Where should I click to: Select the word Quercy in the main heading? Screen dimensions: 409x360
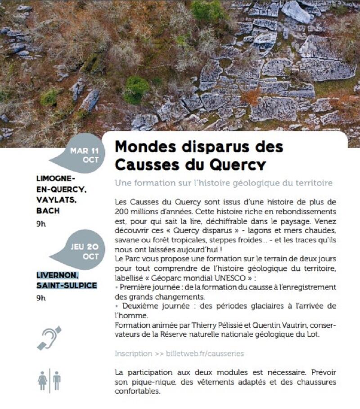click(232, 164)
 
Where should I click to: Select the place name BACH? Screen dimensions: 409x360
click(48, 210)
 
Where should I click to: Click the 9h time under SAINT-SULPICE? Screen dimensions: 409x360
click(41, 297)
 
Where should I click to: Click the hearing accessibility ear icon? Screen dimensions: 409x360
click(49, 338)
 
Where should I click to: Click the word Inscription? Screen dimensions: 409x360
click(133, 354)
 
